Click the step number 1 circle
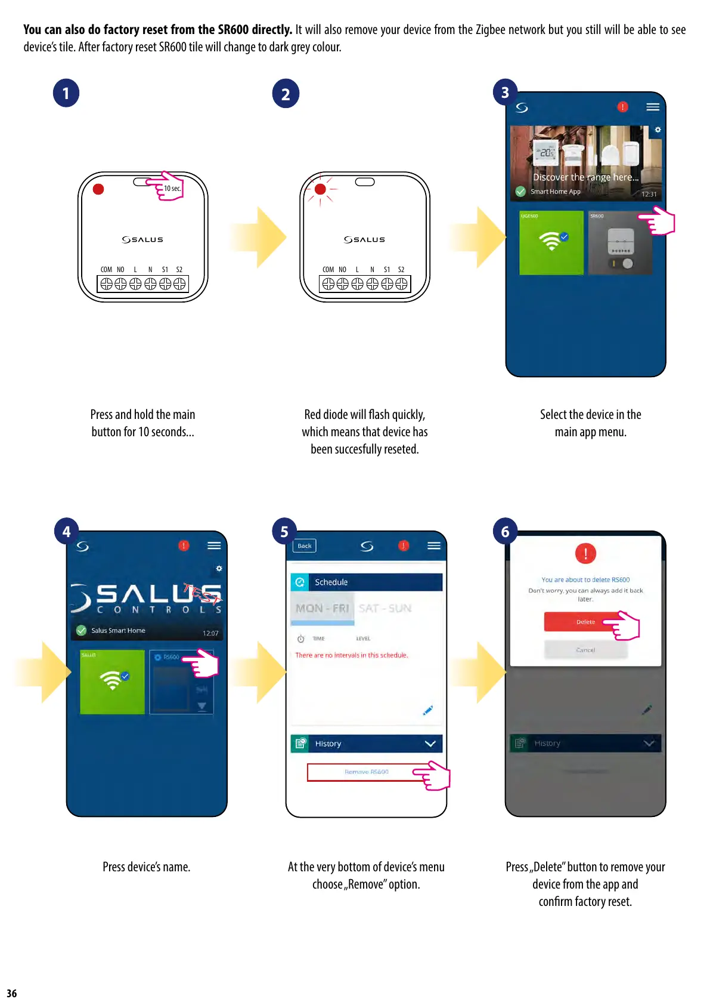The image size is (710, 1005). click(x=66, y=93)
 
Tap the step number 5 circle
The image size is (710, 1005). click(x=284, y=531)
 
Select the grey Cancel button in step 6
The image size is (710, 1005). click(x=585, y=650)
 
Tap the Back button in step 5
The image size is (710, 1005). click(x=304, y=545)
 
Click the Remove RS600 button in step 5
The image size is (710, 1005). click(x=366, y=772)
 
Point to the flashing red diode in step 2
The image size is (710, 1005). click(x=320, y=189)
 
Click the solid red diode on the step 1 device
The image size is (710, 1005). click(x=98, y=189)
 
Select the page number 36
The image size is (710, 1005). click(x=12, y=993)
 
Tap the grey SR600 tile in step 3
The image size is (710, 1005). click(x=619, y=243)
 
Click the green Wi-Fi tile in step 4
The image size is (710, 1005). click(x=112, y=682)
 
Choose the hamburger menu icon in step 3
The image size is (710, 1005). click(x=653, y=107)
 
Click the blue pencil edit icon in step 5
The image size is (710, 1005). click(x=427, y=710)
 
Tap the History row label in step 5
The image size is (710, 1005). click(x=328, y=744)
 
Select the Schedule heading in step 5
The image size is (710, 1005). click(x=331, y=582)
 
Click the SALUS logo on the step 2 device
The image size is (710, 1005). click(x=364, y=239)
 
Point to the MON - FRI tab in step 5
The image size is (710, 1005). click(x=322, y=608)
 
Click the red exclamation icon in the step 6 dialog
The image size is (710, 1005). click(x=585, y=553)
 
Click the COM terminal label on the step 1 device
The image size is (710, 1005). click(x=106, y=269)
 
